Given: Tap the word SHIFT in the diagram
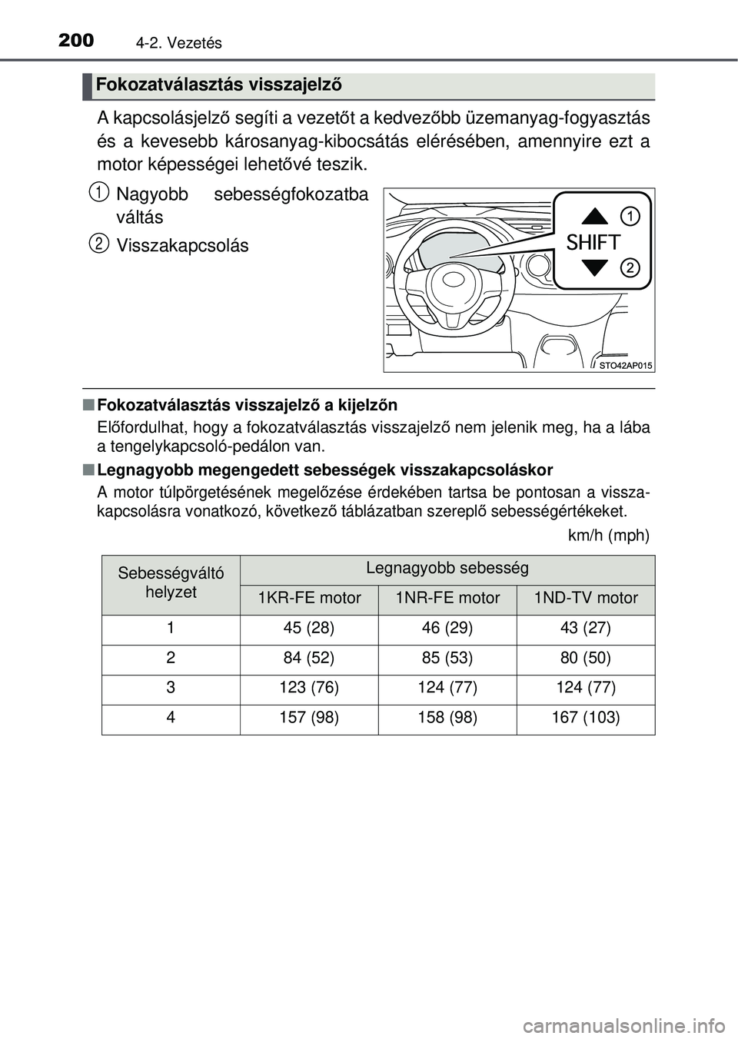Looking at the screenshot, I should pos(593,243).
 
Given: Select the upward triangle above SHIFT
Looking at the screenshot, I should pos(595,217).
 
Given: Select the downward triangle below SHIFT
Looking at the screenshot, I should pos(595,268).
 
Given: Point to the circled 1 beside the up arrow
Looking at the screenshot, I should pos(630,216).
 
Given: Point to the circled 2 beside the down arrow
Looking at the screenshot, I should pos(630,267).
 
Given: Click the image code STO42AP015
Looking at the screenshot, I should pos(625,366).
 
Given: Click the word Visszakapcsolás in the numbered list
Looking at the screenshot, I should pos(182,246).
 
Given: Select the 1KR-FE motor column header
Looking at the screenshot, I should pos(309,599).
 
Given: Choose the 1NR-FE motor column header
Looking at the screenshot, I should pos(447,599).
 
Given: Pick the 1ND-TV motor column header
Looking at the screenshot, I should pos(586,599).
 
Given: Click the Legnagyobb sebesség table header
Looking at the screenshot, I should pos(447,569).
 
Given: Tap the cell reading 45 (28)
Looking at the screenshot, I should pos(309,629).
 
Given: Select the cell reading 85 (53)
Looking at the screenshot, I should pos(447,659).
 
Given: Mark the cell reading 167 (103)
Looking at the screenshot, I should pos(586,719).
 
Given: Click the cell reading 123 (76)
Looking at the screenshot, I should pos(309,689).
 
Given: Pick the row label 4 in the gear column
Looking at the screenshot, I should pos(171,719).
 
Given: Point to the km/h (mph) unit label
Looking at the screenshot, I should pos(608,536).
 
